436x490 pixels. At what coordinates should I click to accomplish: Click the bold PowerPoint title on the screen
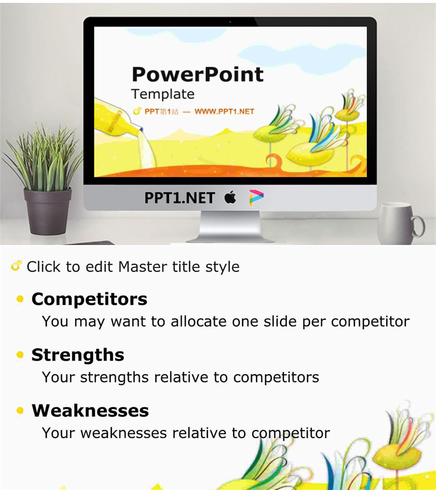198,74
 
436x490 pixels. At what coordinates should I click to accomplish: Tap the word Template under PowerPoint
163,94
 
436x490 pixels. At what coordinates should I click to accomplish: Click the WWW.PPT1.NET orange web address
224,111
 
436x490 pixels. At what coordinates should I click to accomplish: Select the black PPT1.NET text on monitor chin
179,198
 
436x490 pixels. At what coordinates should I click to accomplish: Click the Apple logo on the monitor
230,197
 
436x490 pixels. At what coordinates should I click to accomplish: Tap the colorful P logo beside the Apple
256,198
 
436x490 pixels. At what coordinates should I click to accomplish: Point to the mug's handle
419,227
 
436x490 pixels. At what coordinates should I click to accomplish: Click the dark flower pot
48,211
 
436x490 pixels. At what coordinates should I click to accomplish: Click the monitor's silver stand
230,227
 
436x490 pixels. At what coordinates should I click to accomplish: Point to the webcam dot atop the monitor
230,22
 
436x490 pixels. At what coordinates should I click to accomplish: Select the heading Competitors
89,299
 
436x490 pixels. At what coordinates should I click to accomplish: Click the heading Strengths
78,355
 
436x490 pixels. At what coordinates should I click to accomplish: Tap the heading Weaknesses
90,411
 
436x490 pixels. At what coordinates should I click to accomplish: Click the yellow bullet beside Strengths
20,355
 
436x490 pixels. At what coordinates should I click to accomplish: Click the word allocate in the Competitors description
198,322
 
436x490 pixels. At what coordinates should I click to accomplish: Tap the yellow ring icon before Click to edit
16,266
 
